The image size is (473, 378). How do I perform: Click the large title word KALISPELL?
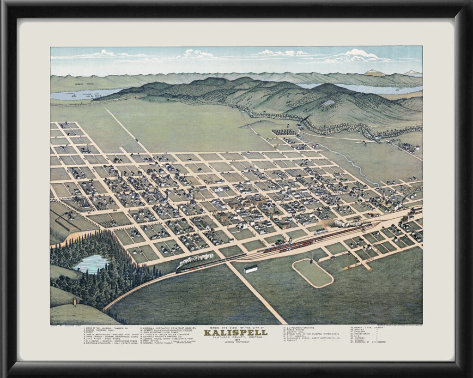coord(236,332)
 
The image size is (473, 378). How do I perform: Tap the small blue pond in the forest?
coord(91,264)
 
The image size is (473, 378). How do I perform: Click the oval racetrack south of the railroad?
coord(313,273)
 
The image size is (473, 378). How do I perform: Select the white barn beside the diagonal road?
coord(250,269)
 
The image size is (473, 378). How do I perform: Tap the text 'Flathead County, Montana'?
coord(236,337)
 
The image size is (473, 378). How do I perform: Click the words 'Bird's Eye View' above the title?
coord(236,328)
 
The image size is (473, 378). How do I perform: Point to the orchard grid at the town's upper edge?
coord(284,132)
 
